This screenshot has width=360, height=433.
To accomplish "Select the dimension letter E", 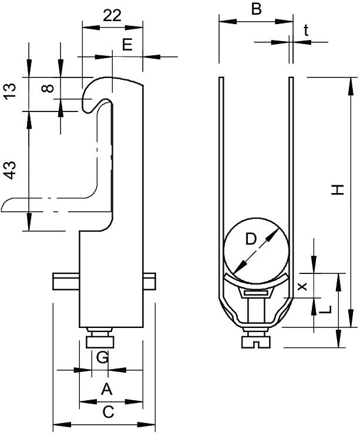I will (x=127, y=44).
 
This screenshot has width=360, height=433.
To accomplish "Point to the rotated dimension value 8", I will (x=49, y=89).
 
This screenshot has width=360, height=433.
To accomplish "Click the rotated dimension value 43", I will (x=10, y=170).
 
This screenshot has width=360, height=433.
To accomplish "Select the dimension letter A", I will (x=106, y=388).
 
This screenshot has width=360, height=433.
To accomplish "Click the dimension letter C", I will (x=108, y=412).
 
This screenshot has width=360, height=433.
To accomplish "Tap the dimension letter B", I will (x=255, y=9).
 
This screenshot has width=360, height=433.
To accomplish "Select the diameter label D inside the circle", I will (x=251, y=239).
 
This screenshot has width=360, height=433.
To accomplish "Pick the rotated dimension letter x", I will (x=302, y=286).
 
